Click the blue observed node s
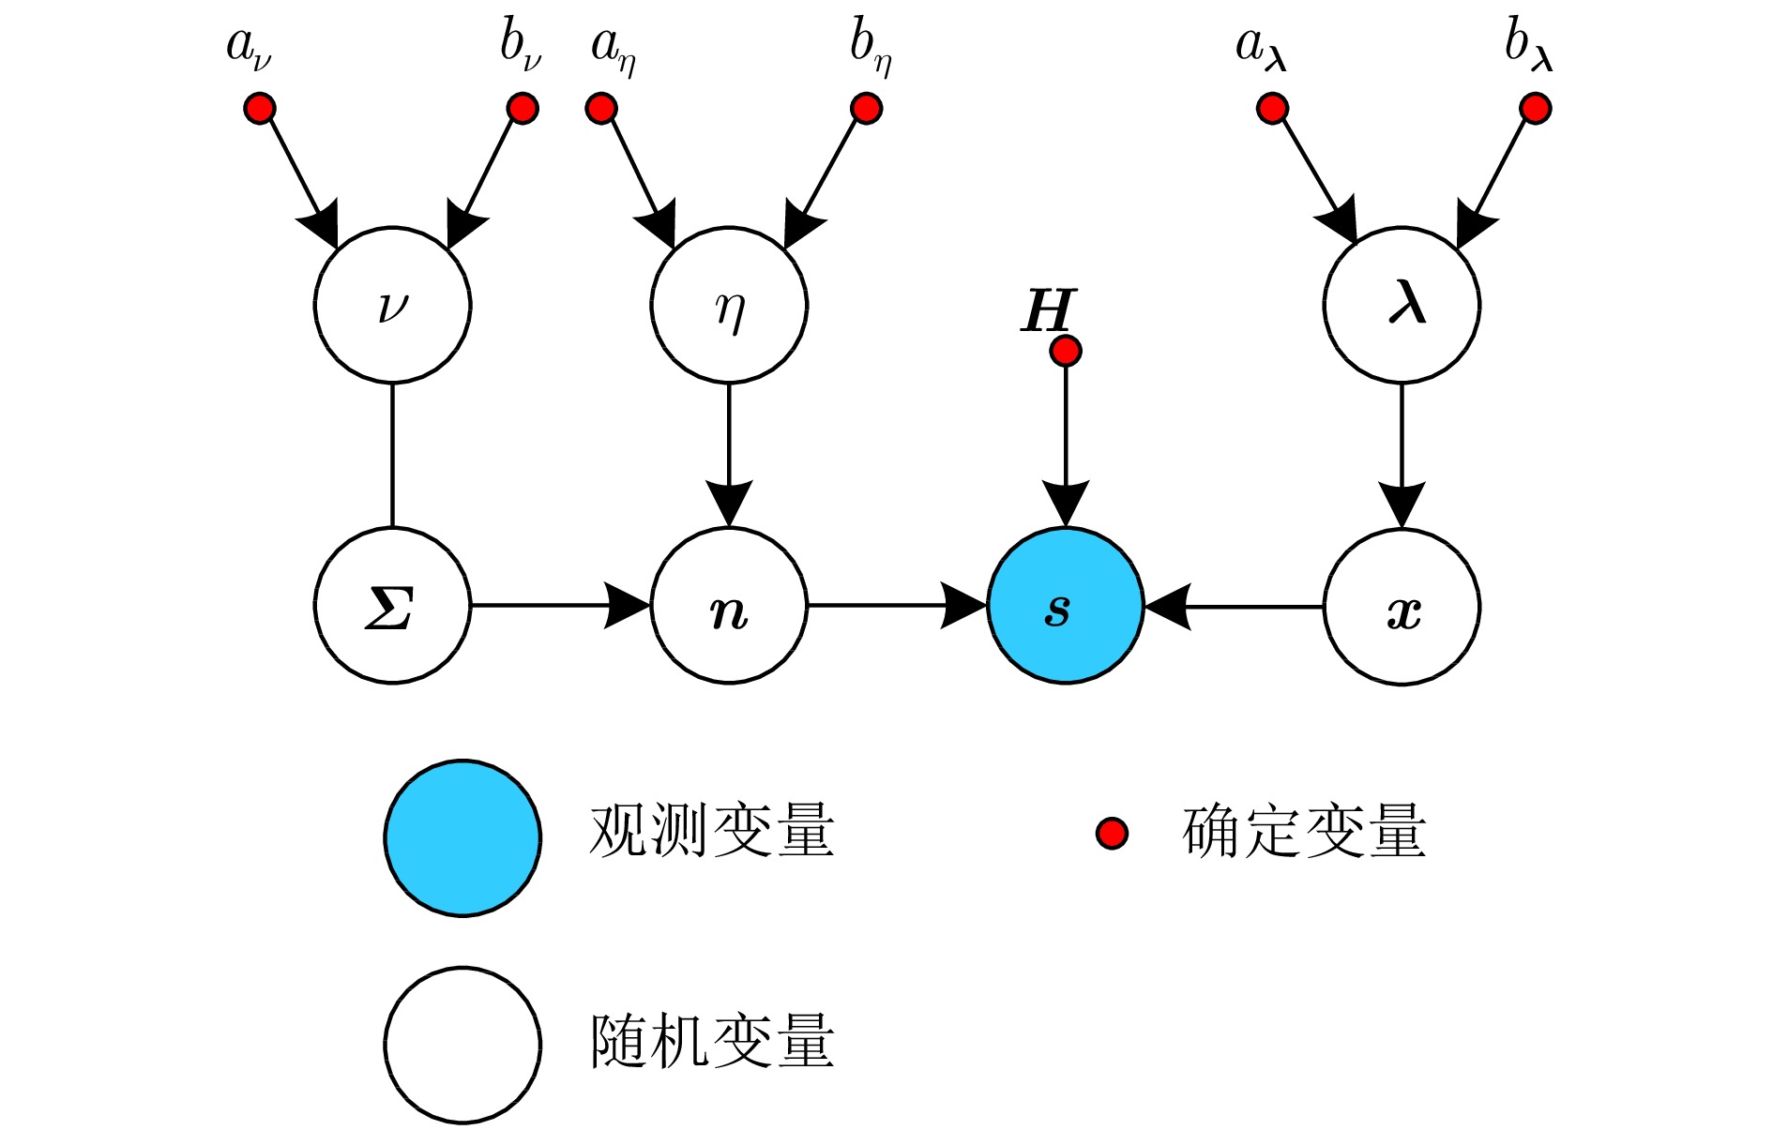click(x=1065, y=606)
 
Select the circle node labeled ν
click(x=392, y=305)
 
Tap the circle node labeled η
click(x=729, y=305)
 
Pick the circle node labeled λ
click(x=1402, y=305)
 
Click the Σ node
click(x=392, y=606)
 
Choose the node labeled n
click(x=729, y=606)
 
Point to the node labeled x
click(x=1402, y=607)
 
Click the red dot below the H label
click(x=1066, y=351)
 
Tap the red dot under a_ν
click(x=260, y=108)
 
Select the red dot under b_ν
click(x=523, y=108)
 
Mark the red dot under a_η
click(x=601, y=108)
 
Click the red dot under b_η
click(x=867, y=108)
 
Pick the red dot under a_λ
click(x=1272, y=108)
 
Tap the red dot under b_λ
click(x=1535, y=108)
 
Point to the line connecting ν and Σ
click(x=392, y=455)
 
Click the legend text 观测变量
click(x=712, y=831)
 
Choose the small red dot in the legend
click(x=1113, y=833)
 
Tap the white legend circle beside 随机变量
click(x=462, y=1045)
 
